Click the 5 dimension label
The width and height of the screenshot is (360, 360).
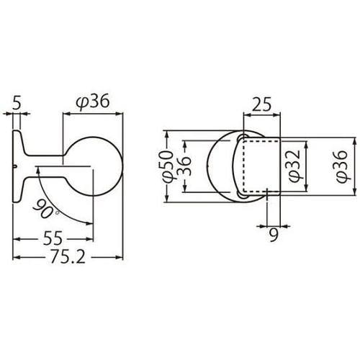point(17,104)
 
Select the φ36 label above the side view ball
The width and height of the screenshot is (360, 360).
point(92,104)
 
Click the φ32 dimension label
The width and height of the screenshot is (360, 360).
point(292,167)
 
